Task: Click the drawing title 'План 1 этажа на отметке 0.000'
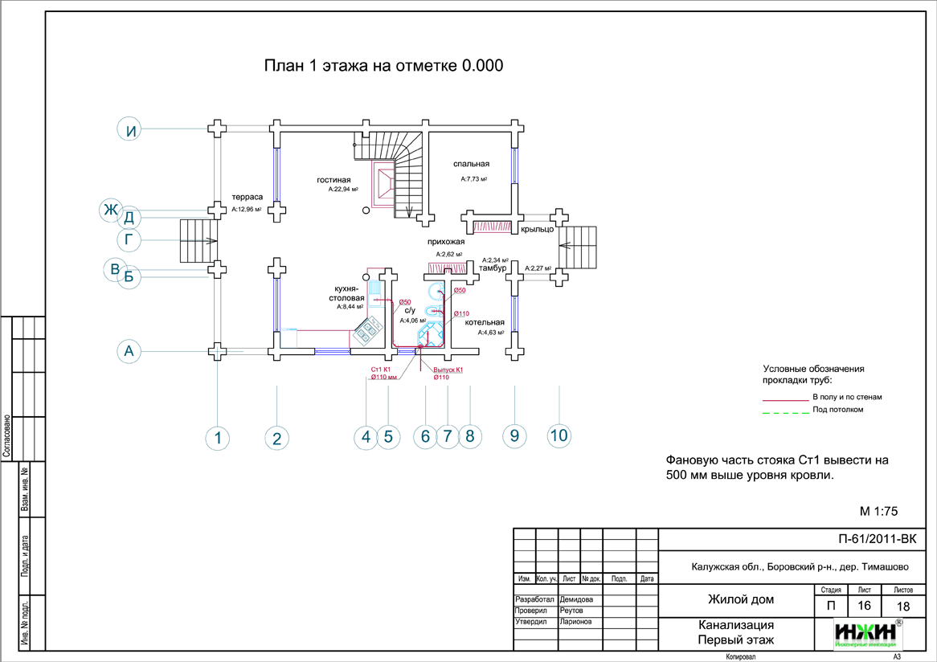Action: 384,66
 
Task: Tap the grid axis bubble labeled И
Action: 129,129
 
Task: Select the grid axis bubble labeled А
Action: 129,351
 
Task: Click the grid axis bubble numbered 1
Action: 217,438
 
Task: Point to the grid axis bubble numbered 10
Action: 559,435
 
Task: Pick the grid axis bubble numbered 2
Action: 276,438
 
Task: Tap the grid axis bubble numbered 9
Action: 514,435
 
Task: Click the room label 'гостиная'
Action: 334,180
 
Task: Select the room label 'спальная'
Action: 471,164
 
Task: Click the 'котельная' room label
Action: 485,321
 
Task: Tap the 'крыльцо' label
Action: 537,229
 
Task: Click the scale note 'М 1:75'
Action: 878,511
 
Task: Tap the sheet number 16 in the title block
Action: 864,606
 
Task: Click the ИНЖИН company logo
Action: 866,633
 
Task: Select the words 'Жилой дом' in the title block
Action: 740,599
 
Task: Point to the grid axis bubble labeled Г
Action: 129,239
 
